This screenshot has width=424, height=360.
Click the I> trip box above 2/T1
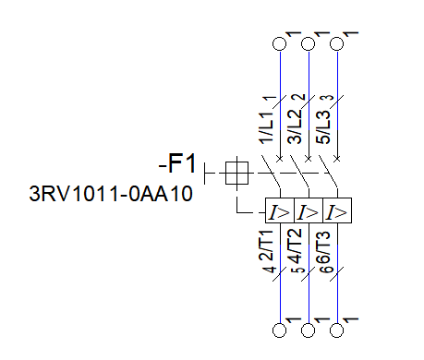(278, 212)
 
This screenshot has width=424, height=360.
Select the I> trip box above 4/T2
(308, 212)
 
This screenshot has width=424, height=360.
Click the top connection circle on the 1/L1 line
(279, 43)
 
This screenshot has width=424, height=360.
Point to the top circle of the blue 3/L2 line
(308, 43)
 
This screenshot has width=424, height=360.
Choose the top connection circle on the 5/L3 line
(336, 43)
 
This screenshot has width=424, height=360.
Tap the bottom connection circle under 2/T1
(279, 329)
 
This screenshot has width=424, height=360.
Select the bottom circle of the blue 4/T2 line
(308, 329)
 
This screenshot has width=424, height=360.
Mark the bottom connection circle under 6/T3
(336, 329)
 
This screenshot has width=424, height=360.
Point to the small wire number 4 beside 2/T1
(271, 271)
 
